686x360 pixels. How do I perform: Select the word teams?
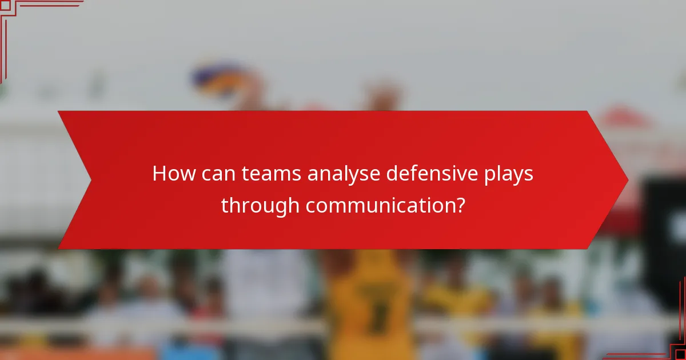pyautogui.click(x=273, y=174)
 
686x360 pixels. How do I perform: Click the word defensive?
pyautogui.click(x=429, y=174)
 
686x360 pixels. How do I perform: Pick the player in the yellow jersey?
pyautogui.click(x=372, y=303)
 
